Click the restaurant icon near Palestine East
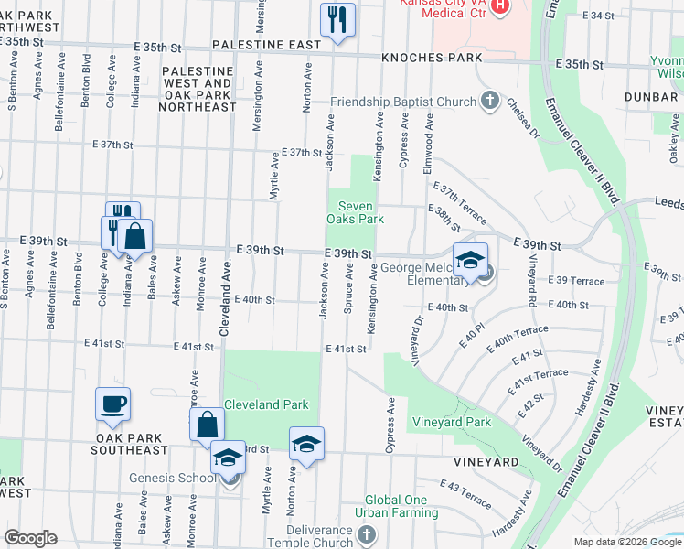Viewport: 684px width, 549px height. (337, 19)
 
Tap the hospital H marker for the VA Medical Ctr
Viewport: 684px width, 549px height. (500, 7)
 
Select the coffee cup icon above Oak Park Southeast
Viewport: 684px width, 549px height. (112, 404)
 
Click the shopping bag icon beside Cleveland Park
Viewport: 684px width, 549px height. (207, 425)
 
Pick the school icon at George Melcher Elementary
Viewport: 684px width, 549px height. (470, 260)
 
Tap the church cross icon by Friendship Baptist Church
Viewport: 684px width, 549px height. (490, 101)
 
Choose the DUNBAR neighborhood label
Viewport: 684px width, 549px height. (651, 96)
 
